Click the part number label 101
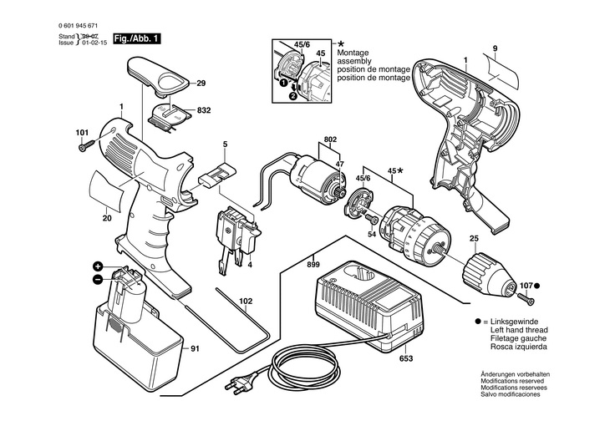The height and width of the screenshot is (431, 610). click(x=81, y=133)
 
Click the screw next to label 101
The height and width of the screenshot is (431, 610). click(x=84, y=148)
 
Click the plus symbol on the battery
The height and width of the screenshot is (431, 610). click(x=98, y=266)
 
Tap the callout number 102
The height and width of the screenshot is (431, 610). click(x=245, y=301)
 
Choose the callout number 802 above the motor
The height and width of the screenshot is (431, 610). click(x=331, y=140)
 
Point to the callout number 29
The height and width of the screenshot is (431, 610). click(x=201, y=83)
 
